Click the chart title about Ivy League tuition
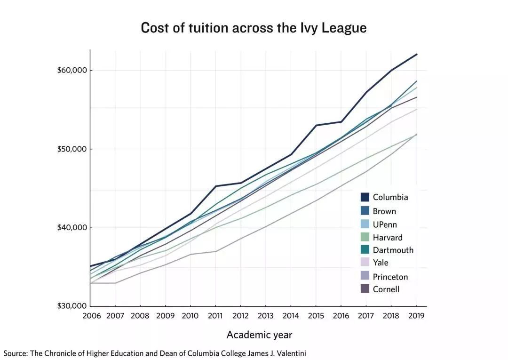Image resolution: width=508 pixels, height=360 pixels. [254, 27]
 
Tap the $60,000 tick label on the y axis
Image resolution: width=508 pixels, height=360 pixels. [72, 71]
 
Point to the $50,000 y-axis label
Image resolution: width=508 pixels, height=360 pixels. [72, 149]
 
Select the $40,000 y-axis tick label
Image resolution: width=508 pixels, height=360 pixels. [72, 228]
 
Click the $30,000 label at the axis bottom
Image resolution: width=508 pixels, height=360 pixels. [72, 306]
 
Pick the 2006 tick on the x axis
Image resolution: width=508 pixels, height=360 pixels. [92, 315]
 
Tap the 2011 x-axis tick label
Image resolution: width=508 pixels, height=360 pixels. [215, 315]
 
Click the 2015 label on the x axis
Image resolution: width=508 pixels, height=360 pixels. [315, 315]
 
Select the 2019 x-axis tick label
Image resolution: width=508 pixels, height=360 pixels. [415, 315]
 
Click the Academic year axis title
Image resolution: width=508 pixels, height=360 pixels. [259, 335]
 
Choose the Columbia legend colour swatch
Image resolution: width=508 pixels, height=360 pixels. [365, 197]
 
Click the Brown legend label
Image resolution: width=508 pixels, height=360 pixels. [384, 211]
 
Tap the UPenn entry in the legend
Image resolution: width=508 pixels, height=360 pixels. [385, 224]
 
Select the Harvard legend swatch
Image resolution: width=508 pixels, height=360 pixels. [365, 237]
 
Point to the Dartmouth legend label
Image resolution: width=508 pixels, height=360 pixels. [393, 250]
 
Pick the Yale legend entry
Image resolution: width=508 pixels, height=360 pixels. [381, 263]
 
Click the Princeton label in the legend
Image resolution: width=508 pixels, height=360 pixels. [390, 277]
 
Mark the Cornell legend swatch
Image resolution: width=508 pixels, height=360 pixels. [365, 289]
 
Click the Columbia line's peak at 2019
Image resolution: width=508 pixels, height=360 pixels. [416, 54]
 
